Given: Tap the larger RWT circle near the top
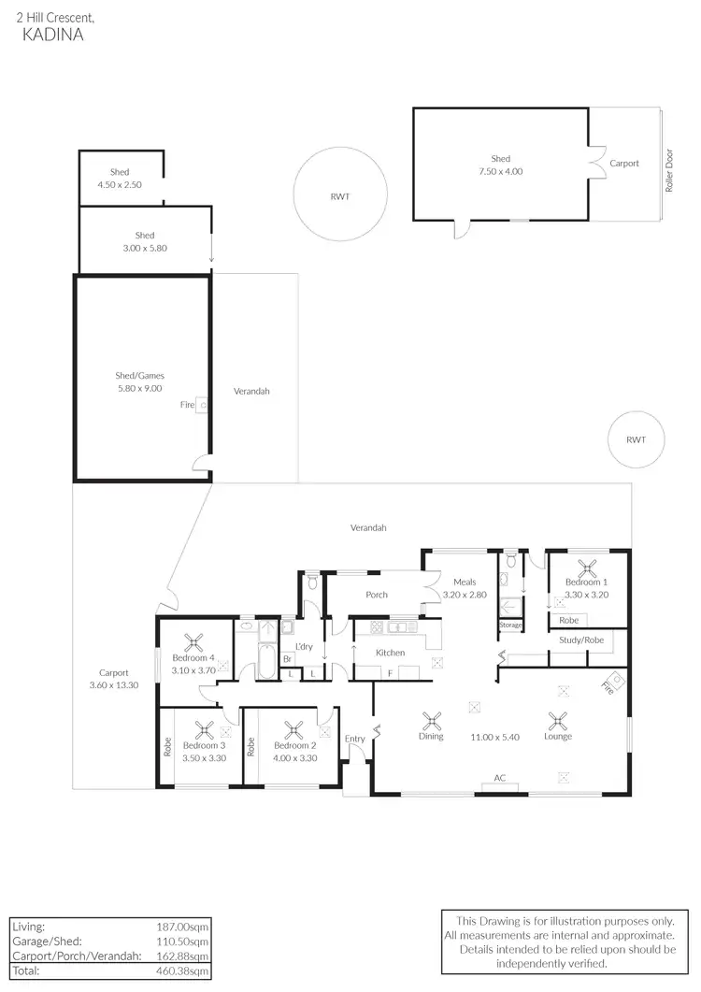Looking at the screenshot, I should click(340, 196).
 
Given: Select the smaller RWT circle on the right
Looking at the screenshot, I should click(636, 438).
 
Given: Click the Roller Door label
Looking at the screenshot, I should click(669, 174).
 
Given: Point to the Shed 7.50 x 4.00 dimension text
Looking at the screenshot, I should click(501, 172).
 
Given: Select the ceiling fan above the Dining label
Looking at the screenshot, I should click(431, 720).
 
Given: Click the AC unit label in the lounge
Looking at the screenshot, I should click(501, 778).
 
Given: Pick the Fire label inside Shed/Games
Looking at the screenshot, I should click(187, 405).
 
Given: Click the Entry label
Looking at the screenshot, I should click(355, 740).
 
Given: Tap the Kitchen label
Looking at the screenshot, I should click(390, 652).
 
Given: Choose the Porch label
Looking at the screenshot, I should click(377, 595).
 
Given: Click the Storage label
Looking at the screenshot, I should click(510, 625).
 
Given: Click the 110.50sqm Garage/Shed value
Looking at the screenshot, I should click(183, 941).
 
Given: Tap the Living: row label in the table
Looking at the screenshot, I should click(27, 926).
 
